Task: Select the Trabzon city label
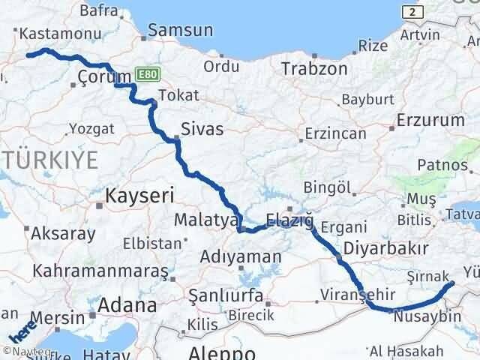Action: (314, 69)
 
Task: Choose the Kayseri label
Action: (139, 196)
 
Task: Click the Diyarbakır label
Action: (385, 248)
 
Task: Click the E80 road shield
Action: (146, 76)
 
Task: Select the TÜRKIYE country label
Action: (49, 160)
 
